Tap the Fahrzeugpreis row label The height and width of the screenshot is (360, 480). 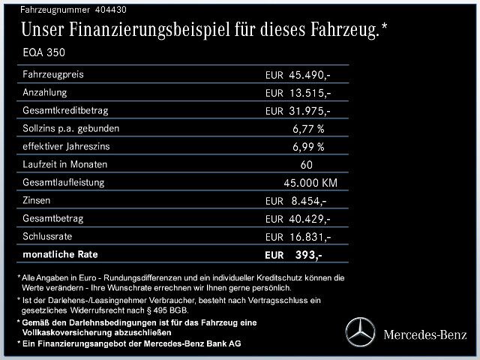click(54, 75)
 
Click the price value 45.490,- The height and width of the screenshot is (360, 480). click(310, 76)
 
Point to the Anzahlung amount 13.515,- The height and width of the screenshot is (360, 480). click(310, 93)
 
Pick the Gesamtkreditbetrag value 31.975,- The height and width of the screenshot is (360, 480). click(310, 111)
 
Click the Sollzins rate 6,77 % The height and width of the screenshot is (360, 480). click(308, 129)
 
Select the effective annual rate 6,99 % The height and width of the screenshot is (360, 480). click(308, 147)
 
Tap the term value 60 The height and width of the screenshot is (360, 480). click(306, 165)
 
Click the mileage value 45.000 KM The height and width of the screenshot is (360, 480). click(309, 183)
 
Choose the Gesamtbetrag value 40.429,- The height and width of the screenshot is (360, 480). click(310, 219)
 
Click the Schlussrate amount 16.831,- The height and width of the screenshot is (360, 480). click(310, 237)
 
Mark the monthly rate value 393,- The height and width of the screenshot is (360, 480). click(307, 255)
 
